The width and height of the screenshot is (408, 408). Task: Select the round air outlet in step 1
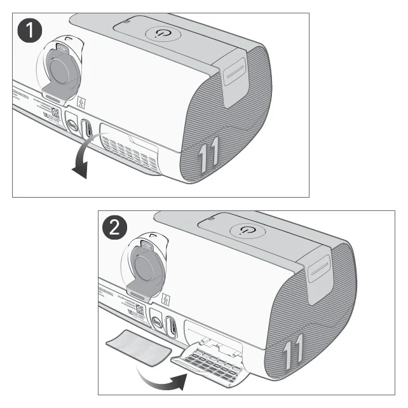tap(62, 71)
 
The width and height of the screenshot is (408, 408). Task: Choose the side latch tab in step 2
tap(320, 273)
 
